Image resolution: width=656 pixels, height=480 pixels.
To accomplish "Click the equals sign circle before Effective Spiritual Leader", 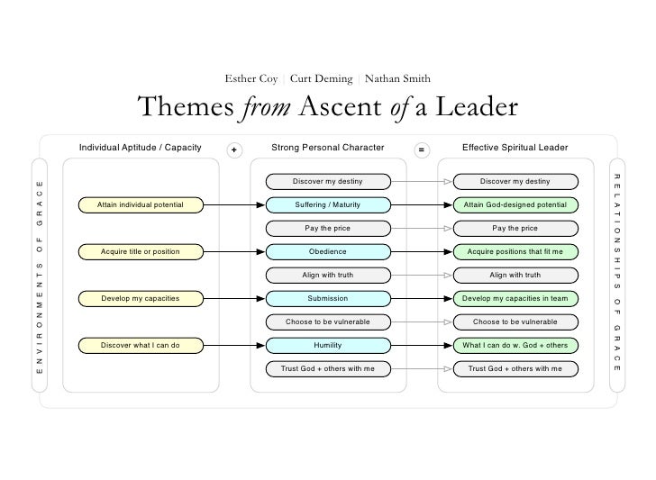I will coord(422,149).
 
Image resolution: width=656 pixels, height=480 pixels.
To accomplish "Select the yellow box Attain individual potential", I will coord(141,205).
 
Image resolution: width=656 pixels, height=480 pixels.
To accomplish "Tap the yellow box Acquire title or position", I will coord(141,251).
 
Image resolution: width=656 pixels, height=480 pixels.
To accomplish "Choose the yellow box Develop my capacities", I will coord(141,298).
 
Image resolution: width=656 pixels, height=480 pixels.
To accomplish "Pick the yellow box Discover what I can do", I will coord(141,345).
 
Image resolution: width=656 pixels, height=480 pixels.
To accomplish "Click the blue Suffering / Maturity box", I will coord(328,205).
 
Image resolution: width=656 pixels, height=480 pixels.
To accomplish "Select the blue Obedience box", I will coord(328,251).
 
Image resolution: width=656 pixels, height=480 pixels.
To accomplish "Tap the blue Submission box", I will coord(328,298).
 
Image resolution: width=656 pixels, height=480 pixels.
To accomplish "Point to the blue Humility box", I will coord(328,345).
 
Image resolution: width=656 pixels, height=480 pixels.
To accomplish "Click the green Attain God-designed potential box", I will coord(515,205).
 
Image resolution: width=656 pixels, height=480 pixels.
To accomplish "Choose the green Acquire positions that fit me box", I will coord(515,251).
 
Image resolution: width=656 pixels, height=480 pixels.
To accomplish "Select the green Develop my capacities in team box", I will coord(515,298).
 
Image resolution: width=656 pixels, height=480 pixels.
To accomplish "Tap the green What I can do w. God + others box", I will coord(515,345).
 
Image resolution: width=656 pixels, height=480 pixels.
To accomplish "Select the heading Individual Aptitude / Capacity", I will coord(140,147).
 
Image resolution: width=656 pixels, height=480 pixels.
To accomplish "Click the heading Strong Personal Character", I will coord(328,147).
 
